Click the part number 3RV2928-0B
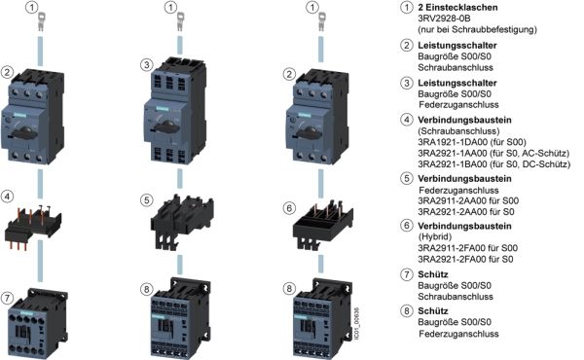pos(444,18)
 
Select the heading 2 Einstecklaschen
pos(457,7)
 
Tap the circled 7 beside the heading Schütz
pos(406,274)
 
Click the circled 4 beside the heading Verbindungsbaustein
pos(406,120)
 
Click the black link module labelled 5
pos(182,222)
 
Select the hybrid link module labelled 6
pos(323,225)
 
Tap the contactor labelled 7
pos(38,323)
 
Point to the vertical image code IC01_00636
pos(356,323)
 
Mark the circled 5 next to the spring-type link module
pos(147,200)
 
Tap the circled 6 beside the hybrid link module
pos(289,208)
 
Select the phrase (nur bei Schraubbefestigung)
pos(478,29)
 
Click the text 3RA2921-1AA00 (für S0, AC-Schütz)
pos(493,153)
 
